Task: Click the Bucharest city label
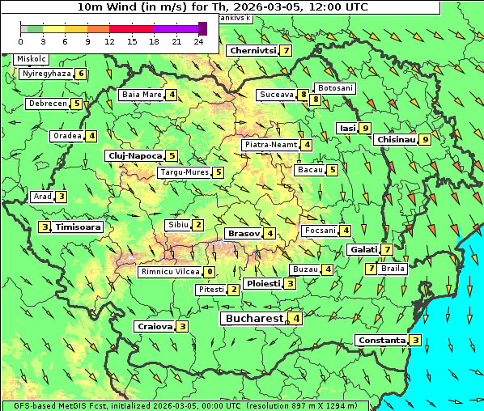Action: pyautogui.click(x=254, y=319)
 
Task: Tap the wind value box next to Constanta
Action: pyautogui.click(x=415, y=340)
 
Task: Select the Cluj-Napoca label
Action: pyautogui.click(x=134, y=155)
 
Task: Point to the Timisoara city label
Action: pyautogui.click(x=78, y=227)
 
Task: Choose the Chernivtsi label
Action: pyautogui.click(x=253, y=50)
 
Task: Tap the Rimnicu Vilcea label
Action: pyautogui.click(x=169, y=272)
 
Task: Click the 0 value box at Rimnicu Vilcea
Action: pyautogui.click(x=210, y=272)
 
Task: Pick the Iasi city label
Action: pyautogui.click(x=347, y=128)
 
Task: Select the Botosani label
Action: pyautogui.click(x=335, y=87)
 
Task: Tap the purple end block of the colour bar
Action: pyautogui.click(x=202, y=28)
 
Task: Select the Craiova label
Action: pyautogui.click(x=154, y=326)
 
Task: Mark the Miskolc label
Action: pyautogui.click(x=32, y=59)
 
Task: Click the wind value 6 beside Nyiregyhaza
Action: pyautogui.click(x=82, y=74)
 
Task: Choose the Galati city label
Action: pyautogui.click(x=363, y=249)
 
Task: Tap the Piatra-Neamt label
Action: pyautogui.click(x=271, y=145)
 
